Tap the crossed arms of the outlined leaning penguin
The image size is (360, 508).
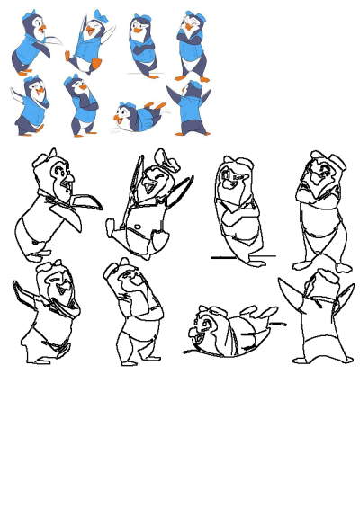pyautogui.click(x=236, y=216)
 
